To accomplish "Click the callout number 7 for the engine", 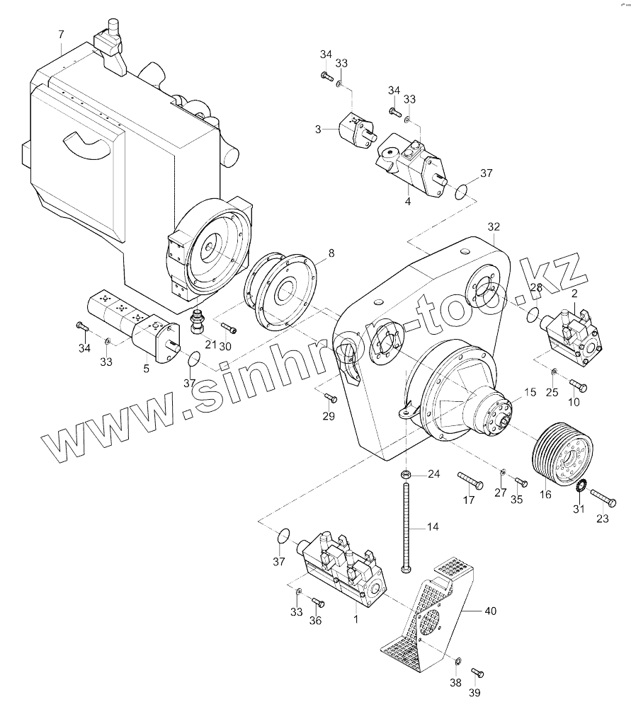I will click(x=61, y=35).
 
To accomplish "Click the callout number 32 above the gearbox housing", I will click(x=494, y=226).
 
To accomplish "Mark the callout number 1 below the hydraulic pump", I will click(x=356, y=618).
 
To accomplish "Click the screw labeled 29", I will click(x=331, y=398).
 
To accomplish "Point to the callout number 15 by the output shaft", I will click(x=530, y=392).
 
